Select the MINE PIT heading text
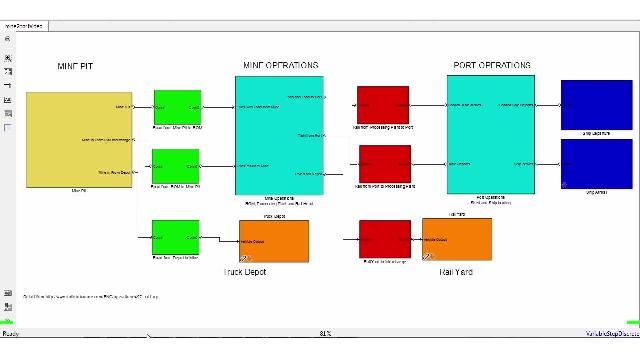(x=75, y=66)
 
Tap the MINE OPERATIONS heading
(x=280, y=65)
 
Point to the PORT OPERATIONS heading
(x=492, y=65)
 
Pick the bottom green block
(x=176, y=237)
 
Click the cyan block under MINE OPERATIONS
(x=279, y=134)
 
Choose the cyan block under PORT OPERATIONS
(x=491, y=134)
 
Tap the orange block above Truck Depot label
(x=274, y=240)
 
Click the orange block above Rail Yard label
(x=457, y=238)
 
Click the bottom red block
(x=384, y=239)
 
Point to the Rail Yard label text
(x=456, y=271)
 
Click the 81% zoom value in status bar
(x=325, y=333)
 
